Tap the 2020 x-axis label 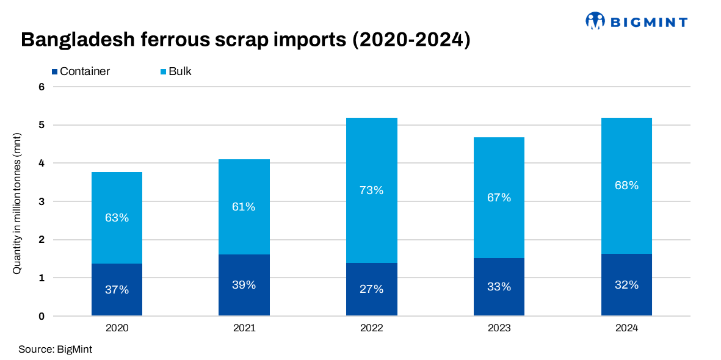pyautogui.click(x=117, y=328)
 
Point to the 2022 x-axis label pyautogui.click(x=371, y=328)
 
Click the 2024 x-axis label pyautogui.click(x=626, y=328)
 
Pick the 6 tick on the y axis pyautogui.click(x=42, y=87)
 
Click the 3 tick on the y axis pyautogui.click(x=42, y=201)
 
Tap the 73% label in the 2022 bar pyautogui.click(x=371, y=190)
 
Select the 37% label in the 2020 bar pyautogui.click(x=117, y=290)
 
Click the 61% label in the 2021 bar pyautogui.click(x=244, y=207)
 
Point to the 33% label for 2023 pyautogui.click(x=499, y=287)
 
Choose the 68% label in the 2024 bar pyautogui.click(x=626, y=185)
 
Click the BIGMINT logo pyautogui.click(x=636, y=21)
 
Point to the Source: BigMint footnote pyautogui.click(x=56, y=350)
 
